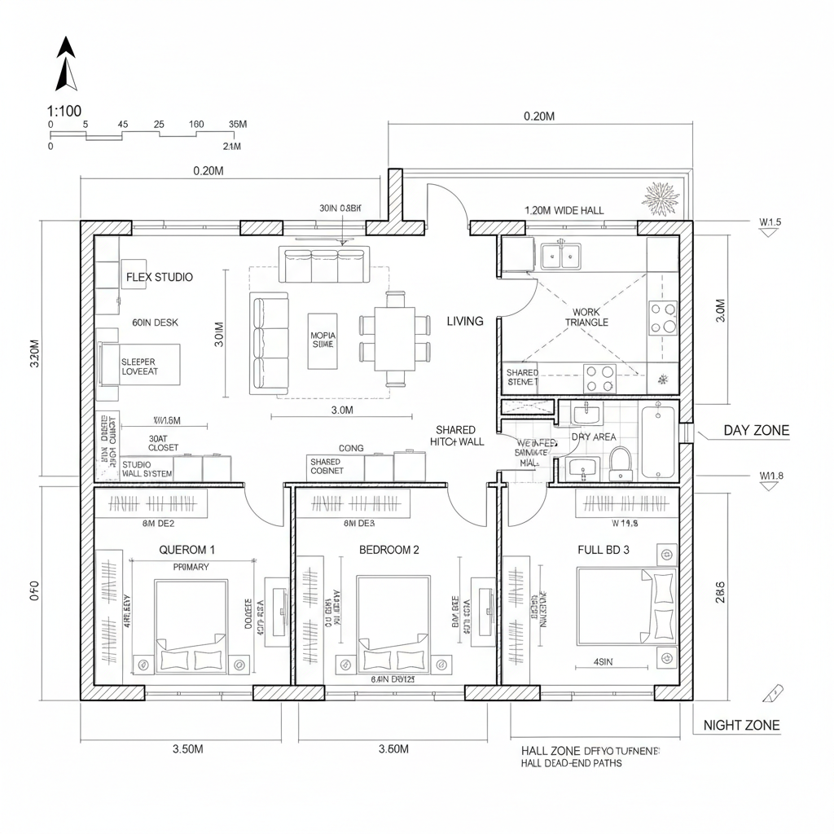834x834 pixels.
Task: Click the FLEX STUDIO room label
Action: point(160,277)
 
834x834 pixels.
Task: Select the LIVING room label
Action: point(465,321)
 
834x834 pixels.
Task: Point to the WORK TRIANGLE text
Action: point(586,317)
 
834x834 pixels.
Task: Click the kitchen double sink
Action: point(561,255)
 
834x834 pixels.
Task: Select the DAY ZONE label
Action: point(756,431)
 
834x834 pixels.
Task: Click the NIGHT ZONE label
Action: point(741,725)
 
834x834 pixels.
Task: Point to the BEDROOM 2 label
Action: point(389,550)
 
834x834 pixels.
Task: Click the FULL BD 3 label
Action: point(603,550)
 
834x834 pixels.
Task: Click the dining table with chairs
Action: point(395,337)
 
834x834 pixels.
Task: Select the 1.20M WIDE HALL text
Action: point(564,210)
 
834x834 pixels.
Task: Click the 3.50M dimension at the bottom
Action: point(187,749)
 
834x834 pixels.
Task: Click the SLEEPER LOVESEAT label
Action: point(138,367)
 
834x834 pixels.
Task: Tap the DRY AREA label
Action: point(593,437)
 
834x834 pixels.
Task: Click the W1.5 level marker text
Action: point(770,222)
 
